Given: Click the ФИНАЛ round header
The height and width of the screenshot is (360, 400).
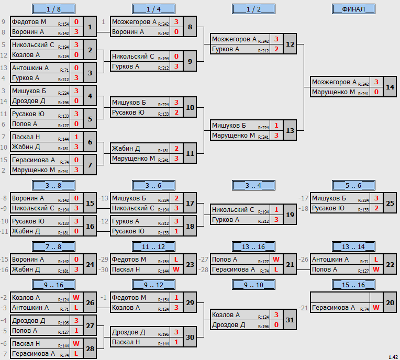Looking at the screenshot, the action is click(x=353, y=9).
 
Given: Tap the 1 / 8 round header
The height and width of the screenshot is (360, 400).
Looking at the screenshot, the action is click(x=53, y=9).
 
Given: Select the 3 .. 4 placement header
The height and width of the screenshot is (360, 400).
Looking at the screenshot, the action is click(x=253, y=185).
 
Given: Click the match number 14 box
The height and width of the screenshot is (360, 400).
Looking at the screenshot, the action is click(x=390, y=87).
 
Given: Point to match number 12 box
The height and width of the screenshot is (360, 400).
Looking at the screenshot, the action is click(x=290, y=44).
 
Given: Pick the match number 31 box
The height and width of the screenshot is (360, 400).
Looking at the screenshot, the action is click(x=290, y=320).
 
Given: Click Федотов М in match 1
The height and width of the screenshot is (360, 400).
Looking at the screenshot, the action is click(x=29, y=22).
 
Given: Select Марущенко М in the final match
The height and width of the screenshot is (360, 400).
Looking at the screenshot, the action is click(x=334, y=92).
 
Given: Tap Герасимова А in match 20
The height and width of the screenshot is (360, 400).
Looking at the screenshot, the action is click(x=334, y=308).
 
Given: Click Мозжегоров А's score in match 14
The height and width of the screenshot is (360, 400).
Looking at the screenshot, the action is click(x=376, y=82).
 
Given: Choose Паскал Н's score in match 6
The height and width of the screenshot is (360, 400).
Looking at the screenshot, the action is click(x=76, y=137).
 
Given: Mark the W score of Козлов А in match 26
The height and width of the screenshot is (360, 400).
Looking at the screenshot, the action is click(x=76, y=298).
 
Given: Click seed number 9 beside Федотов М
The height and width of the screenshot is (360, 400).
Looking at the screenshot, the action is click(x=3, y=22).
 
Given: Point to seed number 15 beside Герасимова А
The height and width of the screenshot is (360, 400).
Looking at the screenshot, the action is click(x=4, y=160).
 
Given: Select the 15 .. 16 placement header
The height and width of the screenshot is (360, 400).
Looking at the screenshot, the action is click(x=353, y=285).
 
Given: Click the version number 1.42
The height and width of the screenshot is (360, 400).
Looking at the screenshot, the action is click(x=393, y=357).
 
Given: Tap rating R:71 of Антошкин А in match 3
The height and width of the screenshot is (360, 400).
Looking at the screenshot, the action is click(x=64, y=70).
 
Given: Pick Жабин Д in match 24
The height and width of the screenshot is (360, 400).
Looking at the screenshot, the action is click(x=26, y=269).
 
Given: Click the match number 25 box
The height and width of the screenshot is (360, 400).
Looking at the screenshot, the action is click(x=390, y=203).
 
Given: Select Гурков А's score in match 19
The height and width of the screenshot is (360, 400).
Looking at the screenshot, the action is click(x=276, y=220).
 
